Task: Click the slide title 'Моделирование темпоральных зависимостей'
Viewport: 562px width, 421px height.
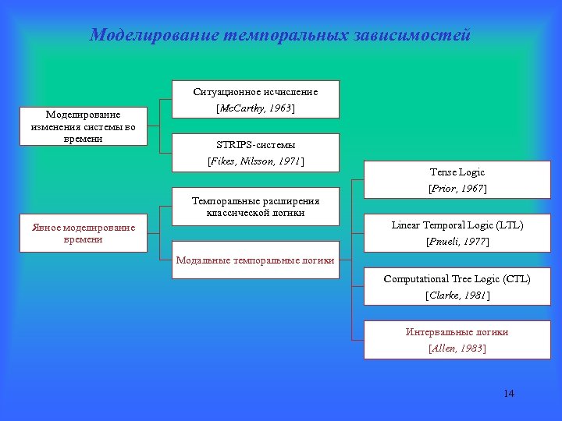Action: tap(280, 35)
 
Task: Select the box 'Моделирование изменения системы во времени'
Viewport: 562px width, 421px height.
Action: tap(83, 126)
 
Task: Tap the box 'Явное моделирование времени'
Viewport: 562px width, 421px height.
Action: tap(83, 233)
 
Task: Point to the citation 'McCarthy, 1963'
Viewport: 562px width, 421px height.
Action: tap(255, 108)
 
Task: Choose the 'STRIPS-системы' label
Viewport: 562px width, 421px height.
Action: tap(255, 145)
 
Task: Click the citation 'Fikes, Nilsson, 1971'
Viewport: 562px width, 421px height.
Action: tap(255, 161)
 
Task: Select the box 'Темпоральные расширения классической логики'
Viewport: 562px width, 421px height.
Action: tap(255, 207)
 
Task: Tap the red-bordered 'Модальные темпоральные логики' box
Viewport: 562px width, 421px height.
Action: tap(255, 260)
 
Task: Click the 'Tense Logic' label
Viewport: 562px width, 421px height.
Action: tap(457, 172)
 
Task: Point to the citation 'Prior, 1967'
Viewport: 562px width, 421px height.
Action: tap(457, 189)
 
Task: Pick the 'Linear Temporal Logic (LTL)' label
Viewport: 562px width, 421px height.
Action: tap(457, 225)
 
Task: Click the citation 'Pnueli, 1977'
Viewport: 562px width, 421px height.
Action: tap(457, 242)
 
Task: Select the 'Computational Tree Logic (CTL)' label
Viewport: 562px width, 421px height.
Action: tap(457, 279)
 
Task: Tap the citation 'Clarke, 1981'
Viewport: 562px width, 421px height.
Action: tap(457, 295)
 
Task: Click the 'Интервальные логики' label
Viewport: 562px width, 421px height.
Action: tap(457, 332)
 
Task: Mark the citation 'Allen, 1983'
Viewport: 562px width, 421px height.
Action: tap(457, 348)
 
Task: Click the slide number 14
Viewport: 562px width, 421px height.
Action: tap(509, 393)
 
